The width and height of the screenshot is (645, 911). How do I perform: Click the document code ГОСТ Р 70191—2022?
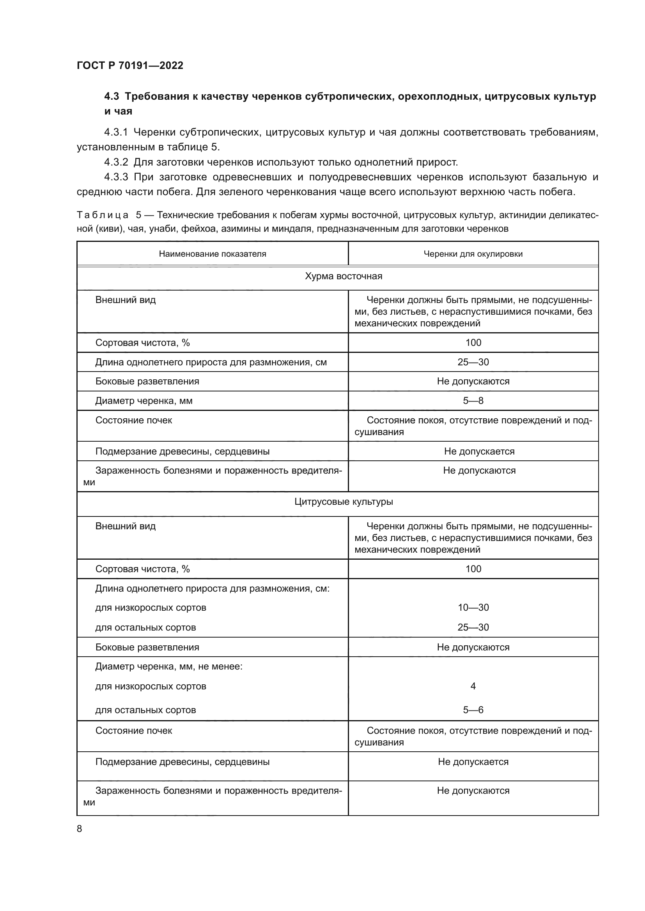coord(130,65)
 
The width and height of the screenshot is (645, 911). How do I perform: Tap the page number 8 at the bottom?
coord(80,828)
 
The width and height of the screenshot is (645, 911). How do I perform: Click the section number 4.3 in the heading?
coord(111,97)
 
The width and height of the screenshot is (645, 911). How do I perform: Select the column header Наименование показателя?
coord(213,254)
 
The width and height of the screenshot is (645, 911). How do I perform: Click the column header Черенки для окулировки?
coord(473,254)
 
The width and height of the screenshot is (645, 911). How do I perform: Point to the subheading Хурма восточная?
coord(343,276)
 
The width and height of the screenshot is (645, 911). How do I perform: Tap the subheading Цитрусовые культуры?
coord(343,502)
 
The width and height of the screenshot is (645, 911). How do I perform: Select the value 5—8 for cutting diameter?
coord(473,401)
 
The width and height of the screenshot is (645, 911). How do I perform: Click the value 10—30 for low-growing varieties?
coord(473,608)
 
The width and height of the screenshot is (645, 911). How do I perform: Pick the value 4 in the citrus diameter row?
coord(473,686)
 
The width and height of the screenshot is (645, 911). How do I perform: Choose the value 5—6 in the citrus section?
coord(473,710)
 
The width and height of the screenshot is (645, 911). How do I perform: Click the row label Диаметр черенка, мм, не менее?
coord(169,666)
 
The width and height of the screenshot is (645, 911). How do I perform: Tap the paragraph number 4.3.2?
coord(116,162)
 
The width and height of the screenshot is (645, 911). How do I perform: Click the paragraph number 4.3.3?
coord(116,177)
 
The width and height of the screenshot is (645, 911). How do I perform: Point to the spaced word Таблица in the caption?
coord(103,215)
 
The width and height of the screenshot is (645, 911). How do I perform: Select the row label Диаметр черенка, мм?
coord(144,401)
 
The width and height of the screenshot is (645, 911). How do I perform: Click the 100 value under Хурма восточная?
coord(473,343)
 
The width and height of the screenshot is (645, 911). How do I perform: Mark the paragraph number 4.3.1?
coord(116,132)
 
